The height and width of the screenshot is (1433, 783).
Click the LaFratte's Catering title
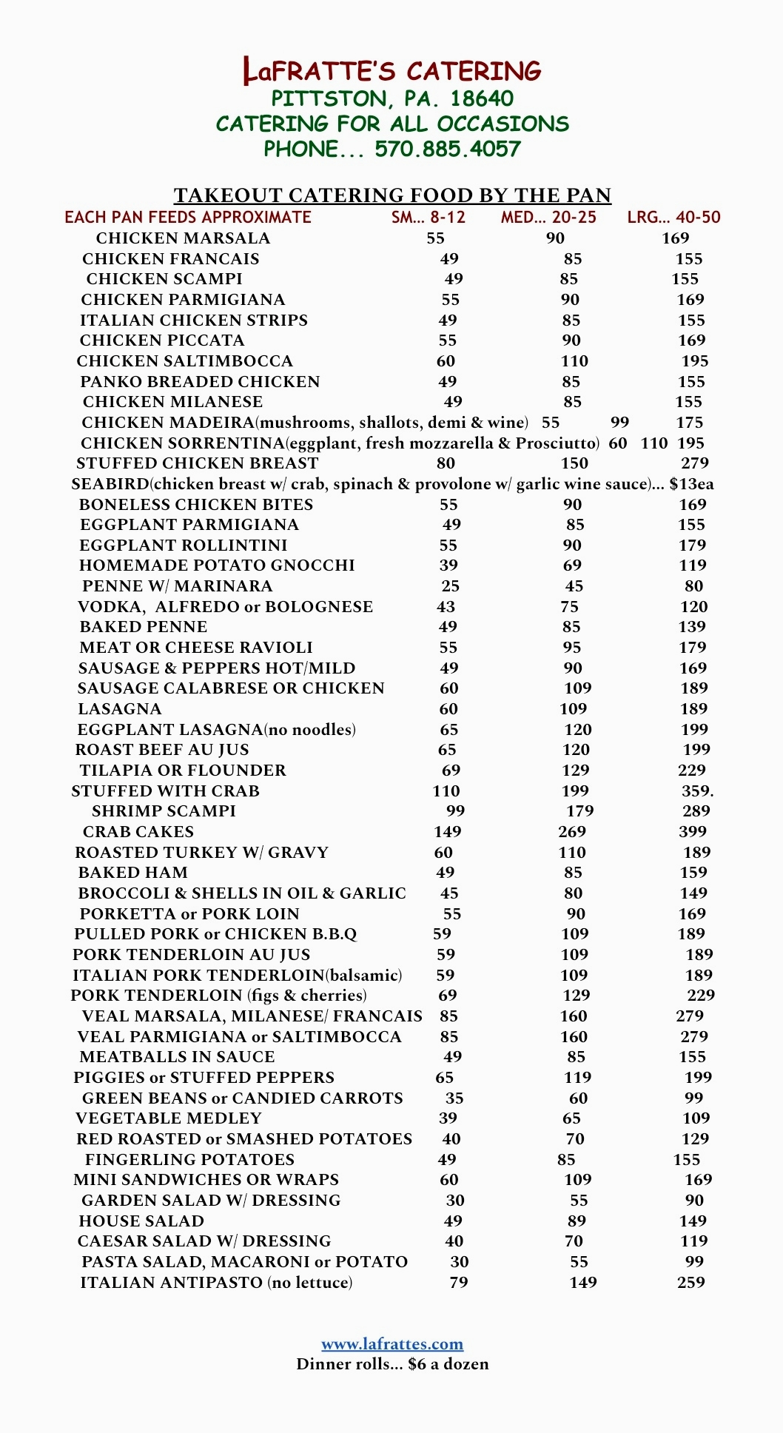392,71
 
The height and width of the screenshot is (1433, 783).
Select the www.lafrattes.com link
392,1343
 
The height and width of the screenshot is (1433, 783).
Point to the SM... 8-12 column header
429,217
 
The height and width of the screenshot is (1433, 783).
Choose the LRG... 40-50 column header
673,217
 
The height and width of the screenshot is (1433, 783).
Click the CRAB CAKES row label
138,831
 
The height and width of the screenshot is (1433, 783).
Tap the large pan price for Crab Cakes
693,831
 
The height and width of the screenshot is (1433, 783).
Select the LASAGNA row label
120,708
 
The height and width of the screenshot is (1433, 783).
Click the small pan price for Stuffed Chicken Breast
446,463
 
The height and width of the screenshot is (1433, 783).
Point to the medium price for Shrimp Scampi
579,811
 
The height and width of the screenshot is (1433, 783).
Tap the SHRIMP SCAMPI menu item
164,811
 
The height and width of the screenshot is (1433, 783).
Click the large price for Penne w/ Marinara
693,586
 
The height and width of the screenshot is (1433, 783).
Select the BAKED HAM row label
133,873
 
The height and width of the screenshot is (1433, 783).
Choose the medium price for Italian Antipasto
583,1282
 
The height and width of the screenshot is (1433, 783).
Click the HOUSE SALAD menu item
141,1221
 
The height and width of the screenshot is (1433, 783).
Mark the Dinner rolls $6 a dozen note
392,1364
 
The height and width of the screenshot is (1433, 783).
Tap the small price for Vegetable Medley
448,1118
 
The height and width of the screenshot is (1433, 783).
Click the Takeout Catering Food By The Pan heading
392,195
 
